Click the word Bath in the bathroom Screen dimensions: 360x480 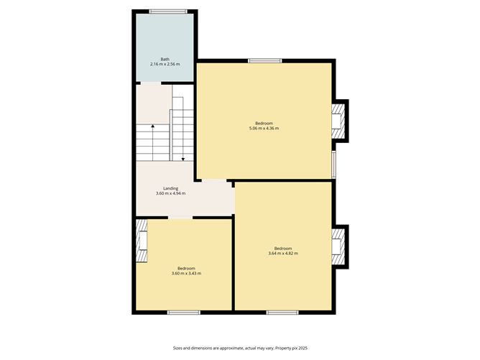point(165,59)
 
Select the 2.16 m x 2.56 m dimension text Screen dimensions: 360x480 point(165,65)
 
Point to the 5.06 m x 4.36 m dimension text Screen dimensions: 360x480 point(264,129)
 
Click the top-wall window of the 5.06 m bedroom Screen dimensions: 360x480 point(259,60)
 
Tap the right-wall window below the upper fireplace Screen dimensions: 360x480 point(333,165)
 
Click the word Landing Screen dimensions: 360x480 point(170,188)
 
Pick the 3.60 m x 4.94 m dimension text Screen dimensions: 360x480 point(170,194)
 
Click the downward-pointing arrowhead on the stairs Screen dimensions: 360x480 point(183,158)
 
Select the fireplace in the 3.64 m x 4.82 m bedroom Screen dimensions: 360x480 point(337,246)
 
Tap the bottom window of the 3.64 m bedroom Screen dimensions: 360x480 point(282,313)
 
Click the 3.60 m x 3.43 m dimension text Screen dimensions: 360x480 point(186,274)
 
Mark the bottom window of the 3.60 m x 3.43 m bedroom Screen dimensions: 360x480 point(183,313)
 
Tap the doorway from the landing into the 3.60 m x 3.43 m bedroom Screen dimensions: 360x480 point(180,217)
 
